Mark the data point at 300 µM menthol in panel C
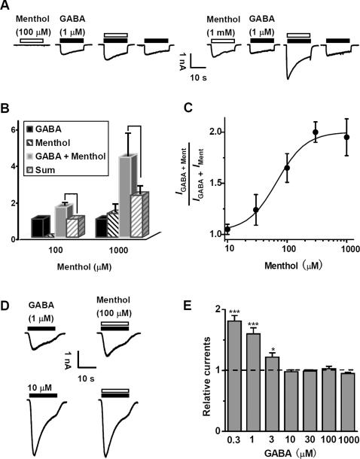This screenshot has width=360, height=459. pyautogui.click(x=315, y=132)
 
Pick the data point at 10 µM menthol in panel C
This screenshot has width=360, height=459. pyautogui.click(x=227, y=229)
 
